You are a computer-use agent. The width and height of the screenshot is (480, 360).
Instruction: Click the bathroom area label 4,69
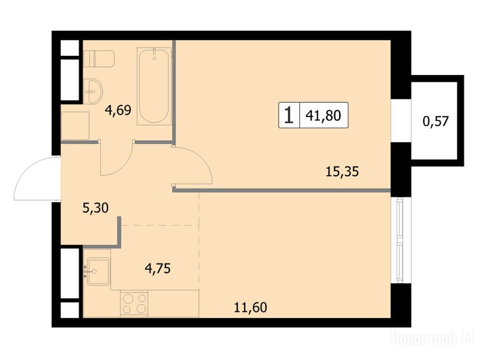118,110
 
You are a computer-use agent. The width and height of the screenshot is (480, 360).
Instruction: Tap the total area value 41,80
323,116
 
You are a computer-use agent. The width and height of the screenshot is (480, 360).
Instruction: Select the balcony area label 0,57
435,121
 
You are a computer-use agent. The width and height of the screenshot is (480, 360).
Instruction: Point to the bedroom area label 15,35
342,172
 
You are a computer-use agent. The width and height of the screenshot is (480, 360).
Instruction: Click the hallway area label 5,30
96,208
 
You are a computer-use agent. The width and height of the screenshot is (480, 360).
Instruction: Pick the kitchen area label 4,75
157,269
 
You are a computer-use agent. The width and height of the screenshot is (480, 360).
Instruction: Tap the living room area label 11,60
250,307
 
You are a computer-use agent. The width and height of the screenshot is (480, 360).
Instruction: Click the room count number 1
289,115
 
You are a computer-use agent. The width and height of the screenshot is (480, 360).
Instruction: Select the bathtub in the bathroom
154,86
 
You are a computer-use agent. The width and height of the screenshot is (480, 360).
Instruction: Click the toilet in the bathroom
99,59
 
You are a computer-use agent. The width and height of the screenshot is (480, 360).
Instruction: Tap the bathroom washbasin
93,91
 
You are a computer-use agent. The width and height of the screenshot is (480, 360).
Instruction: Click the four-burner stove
134,303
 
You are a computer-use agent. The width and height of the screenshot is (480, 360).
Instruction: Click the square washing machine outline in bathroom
75,126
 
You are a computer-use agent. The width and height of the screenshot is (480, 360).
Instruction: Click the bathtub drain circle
154,58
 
